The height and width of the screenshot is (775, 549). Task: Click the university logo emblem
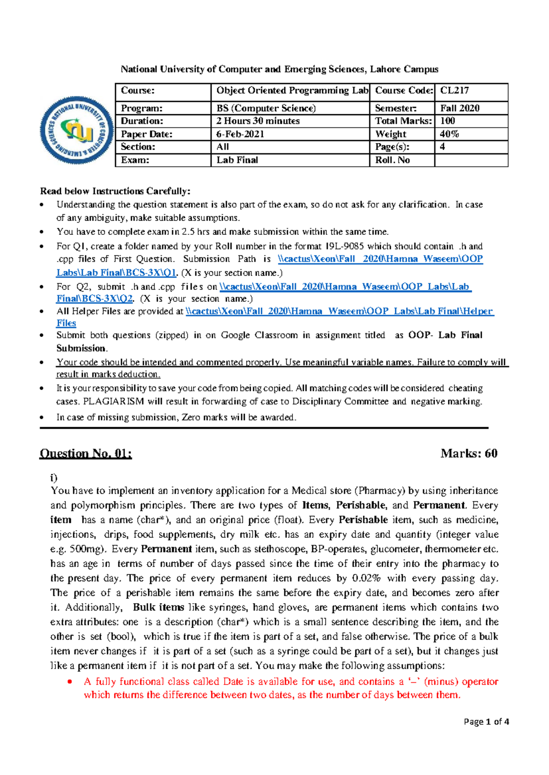[x=77, y=131]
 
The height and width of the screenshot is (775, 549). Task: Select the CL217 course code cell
[x=471, y=91]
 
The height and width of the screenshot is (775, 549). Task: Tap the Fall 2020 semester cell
[x=471, y=108]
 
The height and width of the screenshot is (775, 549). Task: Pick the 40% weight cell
[x=471, y=134]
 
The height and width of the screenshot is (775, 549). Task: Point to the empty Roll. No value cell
[x=471, y=160]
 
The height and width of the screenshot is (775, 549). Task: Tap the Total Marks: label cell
[x=402, y=121]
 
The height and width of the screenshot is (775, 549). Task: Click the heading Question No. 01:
[x=86, y=454]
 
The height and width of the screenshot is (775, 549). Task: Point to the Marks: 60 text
[x=468, y=454]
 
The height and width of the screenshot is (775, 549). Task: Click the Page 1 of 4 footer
[x=486, y=722]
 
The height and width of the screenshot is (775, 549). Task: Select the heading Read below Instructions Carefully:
[x=115, y=191]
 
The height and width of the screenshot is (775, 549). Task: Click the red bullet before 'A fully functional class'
[x=70, y=682]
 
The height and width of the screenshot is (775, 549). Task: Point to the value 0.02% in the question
[x=366, y=579]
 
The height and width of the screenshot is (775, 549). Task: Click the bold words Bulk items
[x=158, y=608]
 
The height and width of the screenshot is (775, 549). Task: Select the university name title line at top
[x=279, y=69]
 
